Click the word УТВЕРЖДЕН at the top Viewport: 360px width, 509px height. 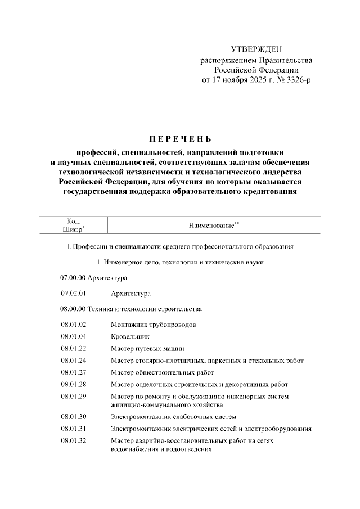(256, 49)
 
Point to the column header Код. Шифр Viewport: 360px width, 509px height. (73, 225)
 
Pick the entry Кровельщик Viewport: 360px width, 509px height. (131, 336)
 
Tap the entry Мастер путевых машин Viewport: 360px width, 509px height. (147, 348)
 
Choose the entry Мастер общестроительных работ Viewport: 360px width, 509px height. (162, 372)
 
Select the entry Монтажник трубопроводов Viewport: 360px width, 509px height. (154, 325)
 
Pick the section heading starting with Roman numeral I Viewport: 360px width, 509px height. (179, 246)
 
